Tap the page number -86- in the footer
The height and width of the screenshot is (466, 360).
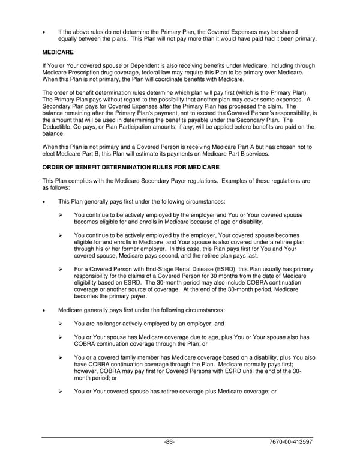[x=170, y=442]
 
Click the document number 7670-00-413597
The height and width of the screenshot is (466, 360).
[x=291, y=442]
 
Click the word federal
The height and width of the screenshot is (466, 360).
[x=157, y=72]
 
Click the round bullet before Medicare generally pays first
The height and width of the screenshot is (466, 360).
[x=44, y=310]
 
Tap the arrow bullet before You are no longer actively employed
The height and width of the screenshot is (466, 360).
[x=61, y=324]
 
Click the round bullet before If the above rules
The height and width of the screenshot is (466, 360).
[x=44, y=31]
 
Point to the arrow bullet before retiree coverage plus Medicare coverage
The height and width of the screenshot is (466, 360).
[x=61, y=392]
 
